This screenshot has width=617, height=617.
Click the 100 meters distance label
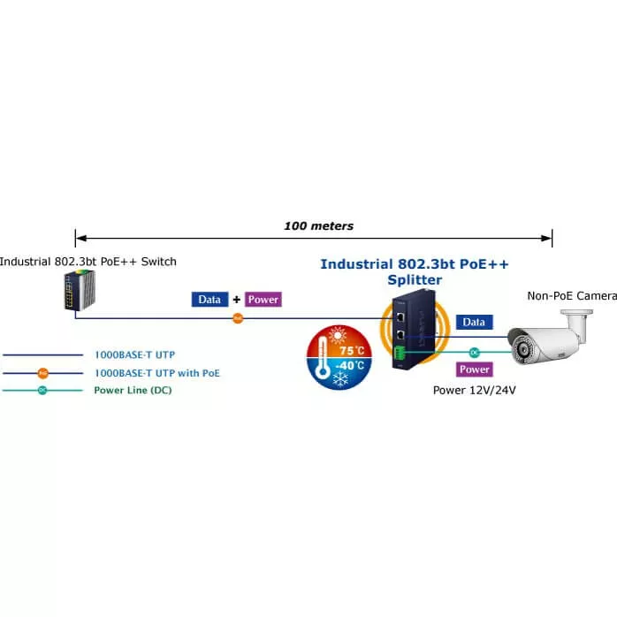318,226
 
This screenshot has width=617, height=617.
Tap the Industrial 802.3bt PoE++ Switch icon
74,291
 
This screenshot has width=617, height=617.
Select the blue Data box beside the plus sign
209,300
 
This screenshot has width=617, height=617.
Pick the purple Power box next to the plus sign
263,300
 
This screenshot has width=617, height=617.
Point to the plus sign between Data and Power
236,300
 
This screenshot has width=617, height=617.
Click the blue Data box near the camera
475,323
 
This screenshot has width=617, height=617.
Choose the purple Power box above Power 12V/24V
475,369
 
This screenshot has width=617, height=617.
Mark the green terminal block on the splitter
400,357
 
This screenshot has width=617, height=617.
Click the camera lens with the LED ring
521,344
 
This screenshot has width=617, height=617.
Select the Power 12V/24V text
474,390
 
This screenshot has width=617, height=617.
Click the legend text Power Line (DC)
133,390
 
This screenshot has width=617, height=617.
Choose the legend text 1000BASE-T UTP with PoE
156,373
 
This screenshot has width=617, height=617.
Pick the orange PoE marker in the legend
42,373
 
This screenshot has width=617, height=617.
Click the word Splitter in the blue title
414,280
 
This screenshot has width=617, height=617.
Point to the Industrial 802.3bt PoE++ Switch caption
88,261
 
